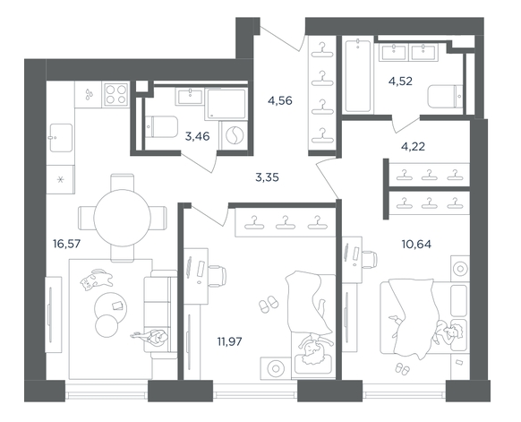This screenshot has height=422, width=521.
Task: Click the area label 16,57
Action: [67, 244]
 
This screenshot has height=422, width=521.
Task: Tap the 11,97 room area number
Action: [229, 341]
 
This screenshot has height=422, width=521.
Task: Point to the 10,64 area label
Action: [416, 245]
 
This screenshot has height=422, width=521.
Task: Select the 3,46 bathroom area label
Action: [197, 136]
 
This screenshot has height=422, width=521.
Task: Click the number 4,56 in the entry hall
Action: [280, 100]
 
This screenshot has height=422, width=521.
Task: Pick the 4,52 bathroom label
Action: [400, 82]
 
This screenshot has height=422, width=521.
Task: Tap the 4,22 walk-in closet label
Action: [413, 146]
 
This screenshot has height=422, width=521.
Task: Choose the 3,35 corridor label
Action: [267, 177]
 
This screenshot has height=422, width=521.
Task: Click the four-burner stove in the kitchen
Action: [116, 94]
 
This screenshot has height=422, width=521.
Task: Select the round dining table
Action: [122, 218]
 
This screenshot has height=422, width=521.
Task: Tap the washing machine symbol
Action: [234, 135]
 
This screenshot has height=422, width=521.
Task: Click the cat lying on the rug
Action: [96, 280]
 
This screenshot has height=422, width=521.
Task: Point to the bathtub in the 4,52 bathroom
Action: [357, 76]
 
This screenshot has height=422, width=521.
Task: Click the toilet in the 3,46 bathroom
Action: [161, 126]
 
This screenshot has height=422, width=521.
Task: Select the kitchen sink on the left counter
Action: [61, 138]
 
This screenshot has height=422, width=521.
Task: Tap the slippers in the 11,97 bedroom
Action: [269, 304]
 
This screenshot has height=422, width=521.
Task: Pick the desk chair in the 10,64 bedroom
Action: [370, 259]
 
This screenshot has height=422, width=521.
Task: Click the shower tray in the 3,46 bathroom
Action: [226, 104]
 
